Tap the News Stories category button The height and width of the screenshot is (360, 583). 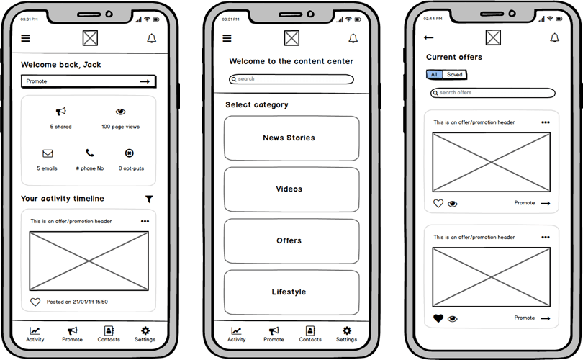coord(291,138)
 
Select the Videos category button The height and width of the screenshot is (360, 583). coord(291,189)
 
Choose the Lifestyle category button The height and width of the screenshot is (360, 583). coord(291,292)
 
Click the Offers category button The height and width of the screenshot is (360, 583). coord(291,241)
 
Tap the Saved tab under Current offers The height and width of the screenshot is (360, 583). coord(454,75)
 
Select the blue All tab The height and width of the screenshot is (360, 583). coord(434,75)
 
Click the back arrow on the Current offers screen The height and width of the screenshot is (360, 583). coord(429,37)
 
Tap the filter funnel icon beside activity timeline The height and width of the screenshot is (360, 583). coord(149,199)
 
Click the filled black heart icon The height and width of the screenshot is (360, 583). coord(438,318)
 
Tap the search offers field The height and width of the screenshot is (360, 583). coord(493,93)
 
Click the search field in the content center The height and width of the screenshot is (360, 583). coord(291,79)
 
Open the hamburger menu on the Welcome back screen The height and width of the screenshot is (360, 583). coord(25,38)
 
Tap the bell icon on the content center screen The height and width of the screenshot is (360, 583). coord(353,38)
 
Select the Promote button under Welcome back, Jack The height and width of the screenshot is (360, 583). coord(89,81)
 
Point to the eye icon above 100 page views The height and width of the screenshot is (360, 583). coord(120,112)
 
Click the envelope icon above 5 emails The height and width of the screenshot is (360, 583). coord(48,153)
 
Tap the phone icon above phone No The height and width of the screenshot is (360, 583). coord(90,153)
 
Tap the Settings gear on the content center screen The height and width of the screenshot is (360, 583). coord(347,330)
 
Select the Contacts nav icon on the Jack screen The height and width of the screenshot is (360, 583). coord(109,330)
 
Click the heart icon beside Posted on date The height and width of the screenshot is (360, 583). coord(35,302)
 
